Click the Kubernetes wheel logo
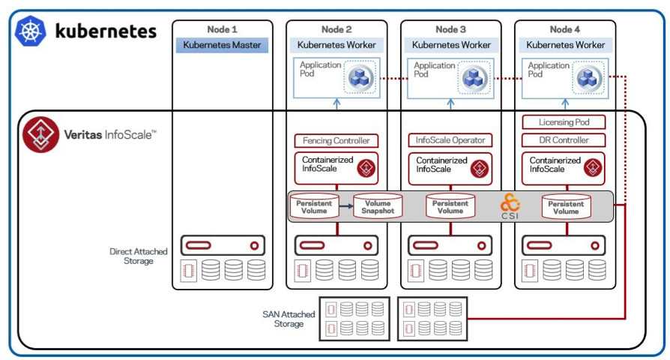click(x=31, y=31)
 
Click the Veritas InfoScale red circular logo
click(x=36, y=134)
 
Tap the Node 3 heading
click(x=451, y=29)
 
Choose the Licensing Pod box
click(x=566, y=121)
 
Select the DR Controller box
click(x=566, y=140)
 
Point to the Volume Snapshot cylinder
click(x=378, y=206)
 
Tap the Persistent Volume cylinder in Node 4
click(x=566, y=206)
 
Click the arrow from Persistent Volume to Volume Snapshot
click(x=345, y=205)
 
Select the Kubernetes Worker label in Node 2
click(x=336, y=45)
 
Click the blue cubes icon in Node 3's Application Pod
click(x=474, y=77)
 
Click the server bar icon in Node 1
click(x=222, y=245)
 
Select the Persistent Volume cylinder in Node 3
click(x=450, y=206)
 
